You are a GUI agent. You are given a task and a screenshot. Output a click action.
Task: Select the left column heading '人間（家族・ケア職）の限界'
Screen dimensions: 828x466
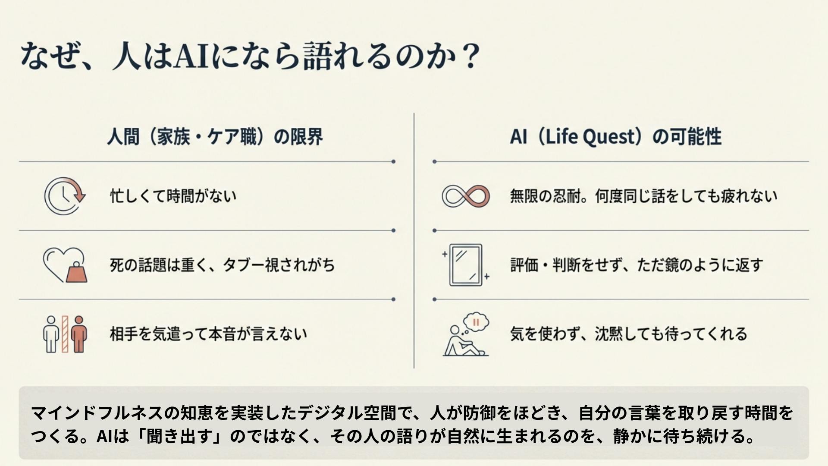(x=215, y=137)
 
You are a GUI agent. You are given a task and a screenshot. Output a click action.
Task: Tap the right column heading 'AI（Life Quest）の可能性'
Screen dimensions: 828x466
(x=615, y=137)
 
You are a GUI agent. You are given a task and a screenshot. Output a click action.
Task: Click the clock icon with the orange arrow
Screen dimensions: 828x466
(x=65, y=195)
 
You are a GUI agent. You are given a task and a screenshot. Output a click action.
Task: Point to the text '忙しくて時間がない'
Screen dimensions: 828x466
(x=173, y=196)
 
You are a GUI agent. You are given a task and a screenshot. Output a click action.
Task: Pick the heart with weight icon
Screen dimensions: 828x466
(x=65, y=264)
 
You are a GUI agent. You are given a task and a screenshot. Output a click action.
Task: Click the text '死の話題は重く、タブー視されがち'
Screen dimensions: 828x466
(x=222, y=265)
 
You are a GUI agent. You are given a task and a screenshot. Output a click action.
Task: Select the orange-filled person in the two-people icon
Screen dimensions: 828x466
(x=79, y=334)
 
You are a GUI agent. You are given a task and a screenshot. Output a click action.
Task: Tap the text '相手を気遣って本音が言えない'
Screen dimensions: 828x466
(x=208, y=334)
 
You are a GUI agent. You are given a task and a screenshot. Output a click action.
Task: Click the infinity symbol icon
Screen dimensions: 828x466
(x=466, y=196)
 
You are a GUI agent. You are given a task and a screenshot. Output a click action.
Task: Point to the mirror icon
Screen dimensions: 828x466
(x=466, y=265)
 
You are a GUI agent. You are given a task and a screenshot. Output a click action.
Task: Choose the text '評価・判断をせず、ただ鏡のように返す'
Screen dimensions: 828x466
(x=637, y=265)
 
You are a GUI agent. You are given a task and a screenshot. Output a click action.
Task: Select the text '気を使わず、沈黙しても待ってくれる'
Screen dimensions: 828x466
(x=629, y=334)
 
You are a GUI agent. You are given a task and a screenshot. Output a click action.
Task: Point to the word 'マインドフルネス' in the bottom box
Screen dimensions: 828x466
(x=97, y=413)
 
